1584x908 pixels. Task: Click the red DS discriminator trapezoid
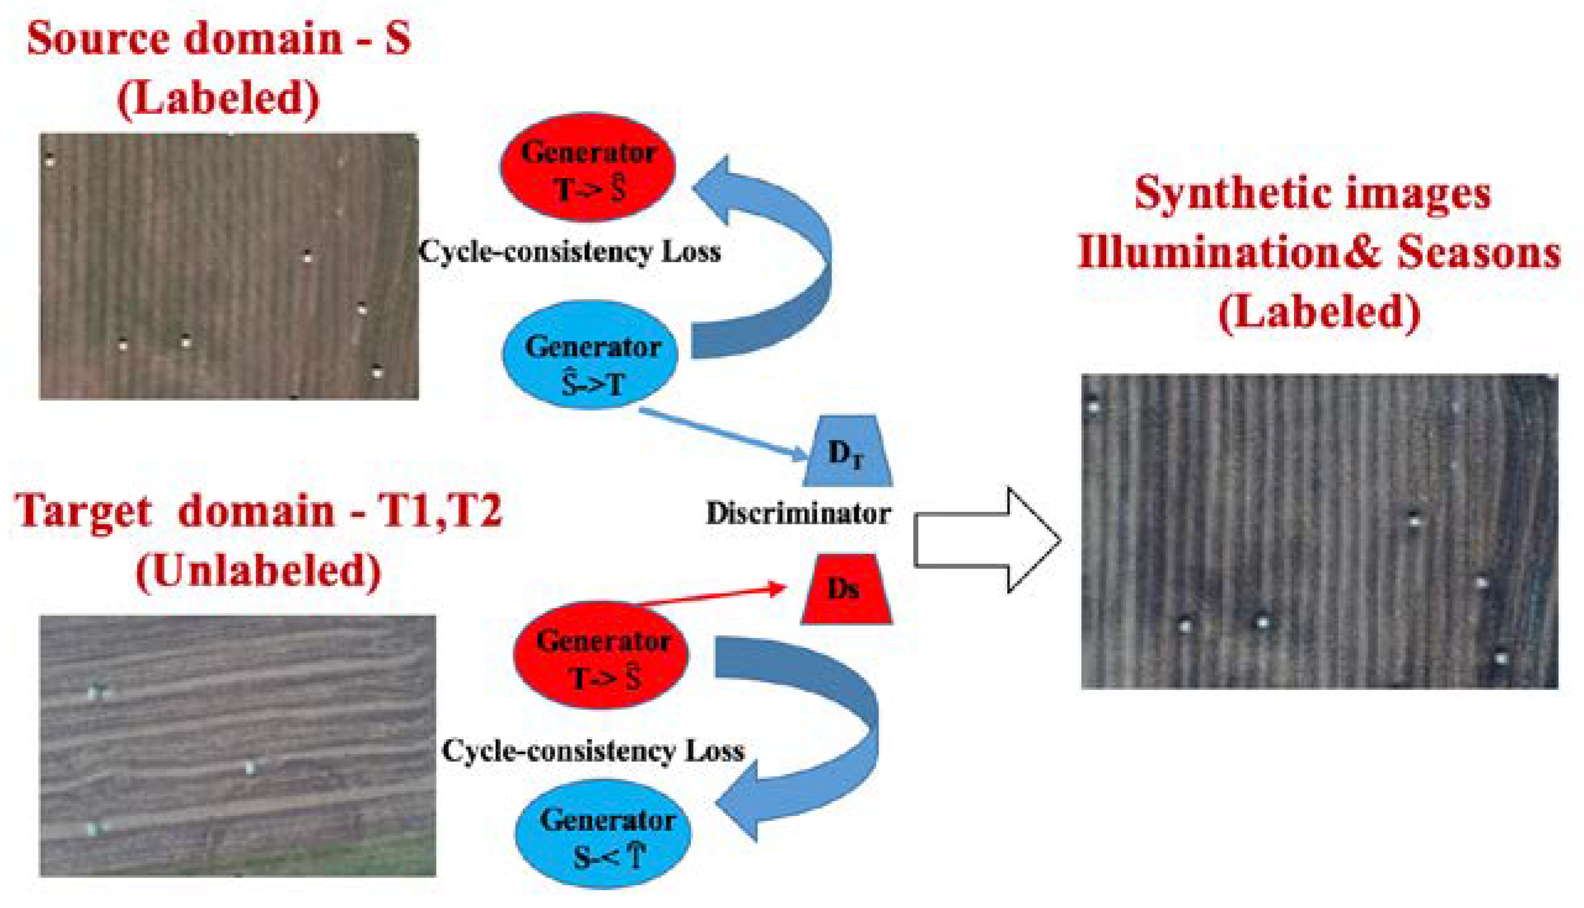846,588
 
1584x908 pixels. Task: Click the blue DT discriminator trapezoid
846,451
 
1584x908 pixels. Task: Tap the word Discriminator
798,514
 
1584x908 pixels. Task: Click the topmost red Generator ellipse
587,167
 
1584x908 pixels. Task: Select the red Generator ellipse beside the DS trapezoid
600,655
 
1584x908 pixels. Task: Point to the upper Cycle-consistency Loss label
569,252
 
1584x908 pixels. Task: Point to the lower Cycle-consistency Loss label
592,751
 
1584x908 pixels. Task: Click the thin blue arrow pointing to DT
723,435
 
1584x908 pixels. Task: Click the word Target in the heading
83,511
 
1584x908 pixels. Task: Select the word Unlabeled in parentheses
258,570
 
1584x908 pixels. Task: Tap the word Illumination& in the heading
1232,253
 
